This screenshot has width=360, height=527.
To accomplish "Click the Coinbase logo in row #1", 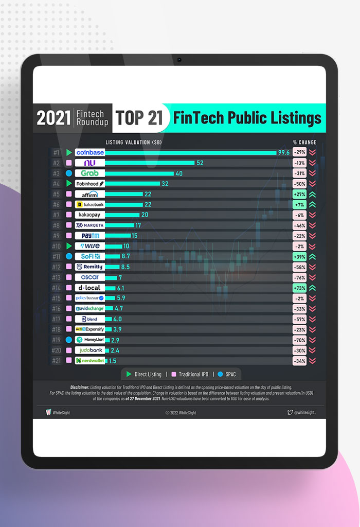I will (x=90, y=152).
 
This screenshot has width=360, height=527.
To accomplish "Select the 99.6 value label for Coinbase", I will (x=284, y=152).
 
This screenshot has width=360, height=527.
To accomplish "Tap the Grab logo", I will (x=90, y=173).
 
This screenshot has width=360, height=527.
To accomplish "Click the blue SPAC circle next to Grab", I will (x=69, y=173).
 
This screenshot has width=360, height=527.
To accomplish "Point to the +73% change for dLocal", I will (x=299, y=288).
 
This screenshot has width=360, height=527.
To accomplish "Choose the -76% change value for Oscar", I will (x=299, y=277).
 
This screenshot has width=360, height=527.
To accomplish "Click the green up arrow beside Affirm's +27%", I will (x=312, y=194).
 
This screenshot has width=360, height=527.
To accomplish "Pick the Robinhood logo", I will (x=90, y=184).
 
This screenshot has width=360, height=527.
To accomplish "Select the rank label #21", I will (x=57, y=361).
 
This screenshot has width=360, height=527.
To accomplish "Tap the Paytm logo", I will (x=90, y=236).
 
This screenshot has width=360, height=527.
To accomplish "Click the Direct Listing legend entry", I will (x=143, y=374).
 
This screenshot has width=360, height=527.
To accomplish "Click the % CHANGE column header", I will (x=304, y=142).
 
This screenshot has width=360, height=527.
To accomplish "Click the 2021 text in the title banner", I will (x=53, y=118).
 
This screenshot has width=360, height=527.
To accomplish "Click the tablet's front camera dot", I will (x=179, y=60).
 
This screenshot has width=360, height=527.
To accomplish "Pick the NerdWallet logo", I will (x=90, y=361).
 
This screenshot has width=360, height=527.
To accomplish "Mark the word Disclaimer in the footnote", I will (x=80, y=387).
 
